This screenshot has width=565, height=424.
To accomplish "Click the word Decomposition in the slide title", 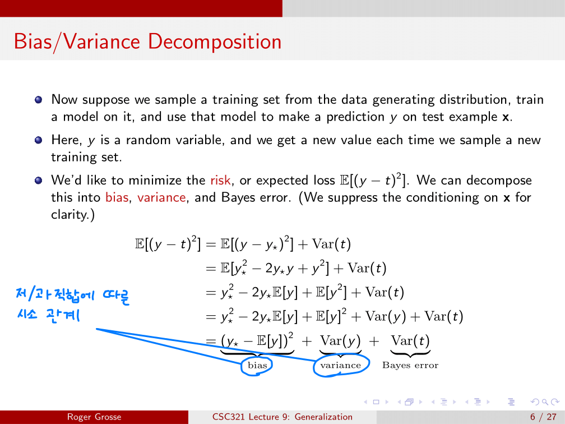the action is (215, 42).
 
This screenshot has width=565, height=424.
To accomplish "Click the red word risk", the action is (220, 180).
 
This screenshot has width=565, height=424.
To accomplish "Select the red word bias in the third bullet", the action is (117, 197).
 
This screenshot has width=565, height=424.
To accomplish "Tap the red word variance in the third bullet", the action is (161, 197).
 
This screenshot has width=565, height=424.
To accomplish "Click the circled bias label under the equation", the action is (257, 365).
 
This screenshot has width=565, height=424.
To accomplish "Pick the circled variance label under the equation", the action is (341, 365).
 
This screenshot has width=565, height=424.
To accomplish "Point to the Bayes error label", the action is (410, 365).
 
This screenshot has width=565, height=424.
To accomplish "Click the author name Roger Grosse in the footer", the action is (94, 417).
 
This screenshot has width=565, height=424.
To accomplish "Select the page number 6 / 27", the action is (543, 417).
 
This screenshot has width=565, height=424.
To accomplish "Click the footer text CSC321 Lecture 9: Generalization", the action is (282, 417).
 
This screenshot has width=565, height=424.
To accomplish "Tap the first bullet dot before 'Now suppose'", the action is (39, 99).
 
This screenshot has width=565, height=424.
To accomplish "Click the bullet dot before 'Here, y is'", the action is (39, 140).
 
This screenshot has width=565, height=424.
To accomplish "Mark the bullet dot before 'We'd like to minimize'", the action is (39, 180).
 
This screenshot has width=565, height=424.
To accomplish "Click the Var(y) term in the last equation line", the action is (340, 341).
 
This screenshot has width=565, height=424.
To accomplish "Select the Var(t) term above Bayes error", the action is (410, 341).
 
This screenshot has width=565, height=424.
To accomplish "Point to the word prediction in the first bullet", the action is (355, 117).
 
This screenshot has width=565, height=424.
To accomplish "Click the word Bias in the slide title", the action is (33, 42).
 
